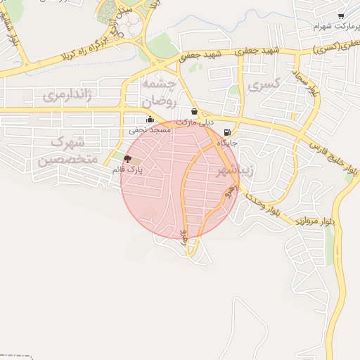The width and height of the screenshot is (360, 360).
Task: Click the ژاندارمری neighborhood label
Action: tap(67, 94)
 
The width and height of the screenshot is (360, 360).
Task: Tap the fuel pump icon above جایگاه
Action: tap(226, 132)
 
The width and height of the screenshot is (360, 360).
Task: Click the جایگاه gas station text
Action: tap(227, 143)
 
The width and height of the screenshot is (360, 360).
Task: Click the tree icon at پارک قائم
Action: tap(127, 159)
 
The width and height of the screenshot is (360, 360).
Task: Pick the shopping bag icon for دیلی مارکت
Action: tap(194, 111)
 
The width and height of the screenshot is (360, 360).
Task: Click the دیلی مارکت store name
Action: tap(194, 122)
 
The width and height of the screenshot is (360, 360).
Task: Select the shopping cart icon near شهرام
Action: tap(341, 16)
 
